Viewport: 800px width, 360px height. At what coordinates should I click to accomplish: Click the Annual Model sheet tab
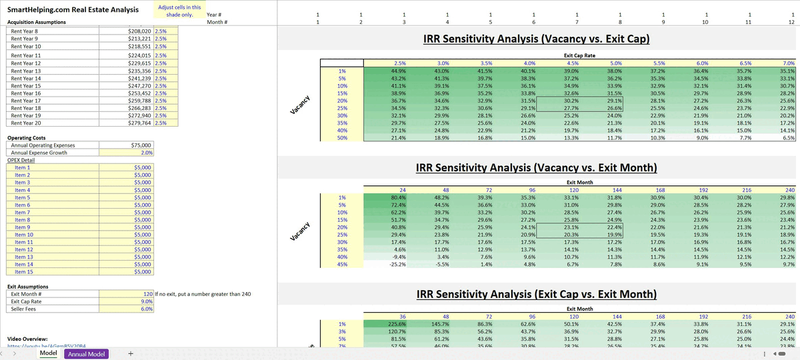pyautogui.click(x=87, y=354)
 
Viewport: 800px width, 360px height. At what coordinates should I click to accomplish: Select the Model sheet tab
pyautogui.click(x=48, y=354)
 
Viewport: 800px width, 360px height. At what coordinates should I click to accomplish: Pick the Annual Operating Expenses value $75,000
pyautogui.click(x=141, y=145)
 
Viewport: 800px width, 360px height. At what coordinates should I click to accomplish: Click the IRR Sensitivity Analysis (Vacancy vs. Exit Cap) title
pyautogui.click(x=536, y=40)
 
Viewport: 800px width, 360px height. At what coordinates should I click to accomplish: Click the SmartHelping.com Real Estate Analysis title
pyautogui.click(x=73, y=9)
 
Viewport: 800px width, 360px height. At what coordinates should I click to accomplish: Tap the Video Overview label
pyautogui.click(x=27, y=339)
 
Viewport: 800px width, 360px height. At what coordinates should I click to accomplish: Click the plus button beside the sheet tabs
pyautogui.click(x=130, y=354)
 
